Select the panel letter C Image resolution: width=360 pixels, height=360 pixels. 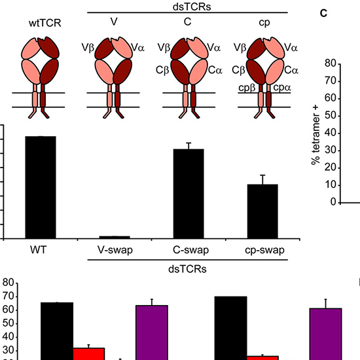point(323,12)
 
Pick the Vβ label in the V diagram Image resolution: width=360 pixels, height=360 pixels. point(87,47)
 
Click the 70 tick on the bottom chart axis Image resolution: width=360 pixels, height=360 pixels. point(9,297)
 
